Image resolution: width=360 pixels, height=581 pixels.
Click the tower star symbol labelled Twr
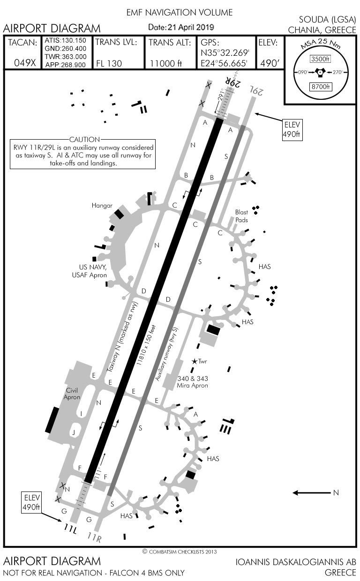tap(194, 361)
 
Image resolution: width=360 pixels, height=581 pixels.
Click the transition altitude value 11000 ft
tap(166, 63)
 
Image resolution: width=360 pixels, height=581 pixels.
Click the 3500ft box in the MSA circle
tap(321, 59)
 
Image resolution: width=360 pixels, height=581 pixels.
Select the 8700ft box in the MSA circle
tap(321, 86)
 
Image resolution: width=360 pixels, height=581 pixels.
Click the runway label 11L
tap(71, 528)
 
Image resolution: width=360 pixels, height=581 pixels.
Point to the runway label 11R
tap(94, 538)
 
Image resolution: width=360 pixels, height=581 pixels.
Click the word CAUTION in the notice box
tap(84, 139)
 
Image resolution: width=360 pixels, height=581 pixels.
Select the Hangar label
tap(103, 205)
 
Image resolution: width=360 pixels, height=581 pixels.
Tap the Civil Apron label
tap(72, 394)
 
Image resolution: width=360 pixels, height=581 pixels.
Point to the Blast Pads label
tap(242, 216)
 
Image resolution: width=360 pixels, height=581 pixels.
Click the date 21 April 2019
tap(181, 28)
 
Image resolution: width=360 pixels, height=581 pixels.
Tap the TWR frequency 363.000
tap(65, 57)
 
